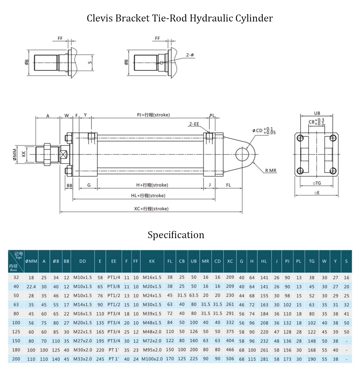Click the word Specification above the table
click(176, 235)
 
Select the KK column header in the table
click(152, 261)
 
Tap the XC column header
click(230, 261)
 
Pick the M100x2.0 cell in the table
click(152, 359)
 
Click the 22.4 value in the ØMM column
click(31, 287)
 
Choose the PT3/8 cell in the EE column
click(114, 287)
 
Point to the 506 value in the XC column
click(230, 359)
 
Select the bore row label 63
click(16, 305)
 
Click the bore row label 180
click(16, 350)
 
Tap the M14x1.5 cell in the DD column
click(82, 305)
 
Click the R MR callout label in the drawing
click(271, 171)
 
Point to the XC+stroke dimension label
click(151, 209)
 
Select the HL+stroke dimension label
click(148, 196)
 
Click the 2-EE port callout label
click(194, 124)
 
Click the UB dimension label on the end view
click(317, 113)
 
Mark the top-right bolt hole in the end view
click(333, 138)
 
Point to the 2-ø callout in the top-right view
click(190, 55)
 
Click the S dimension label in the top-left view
click(90, 62)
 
